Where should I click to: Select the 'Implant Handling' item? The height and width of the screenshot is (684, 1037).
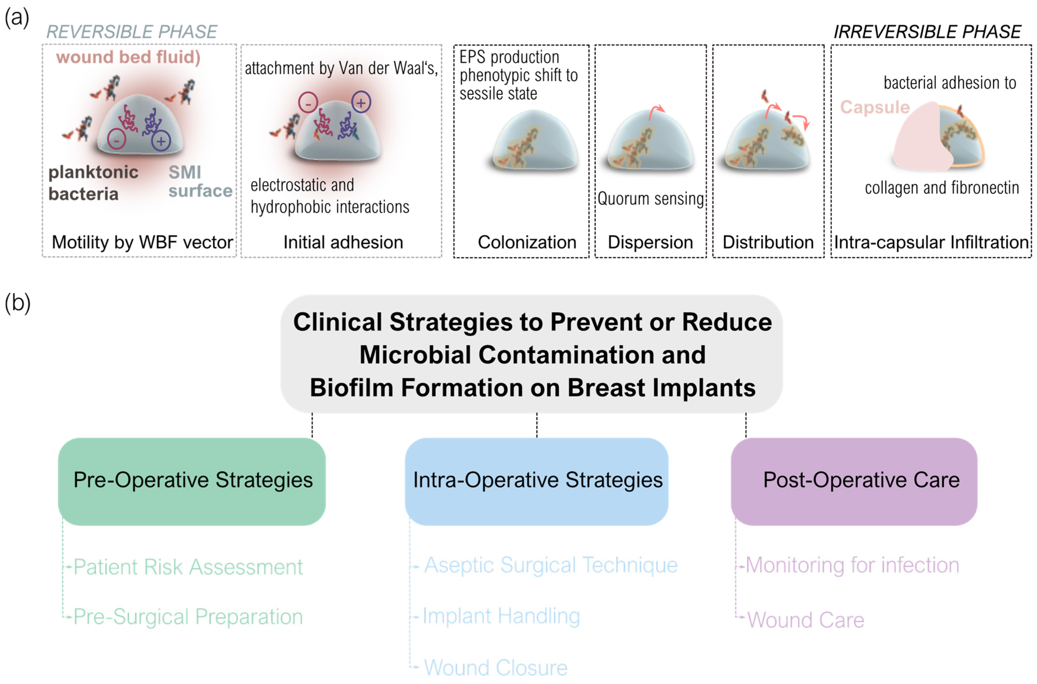501,616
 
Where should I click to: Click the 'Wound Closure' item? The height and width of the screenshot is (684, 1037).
496,667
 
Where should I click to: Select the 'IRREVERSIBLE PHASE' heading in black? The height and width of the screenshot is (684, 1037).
927,32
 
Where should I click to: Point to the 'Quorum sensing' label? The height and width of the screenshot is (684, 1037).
650,199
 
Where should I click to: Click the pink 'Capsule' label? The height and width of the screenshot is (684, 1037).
874,107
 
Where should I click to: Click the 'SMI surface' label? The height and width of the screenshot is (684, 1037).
200,182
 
